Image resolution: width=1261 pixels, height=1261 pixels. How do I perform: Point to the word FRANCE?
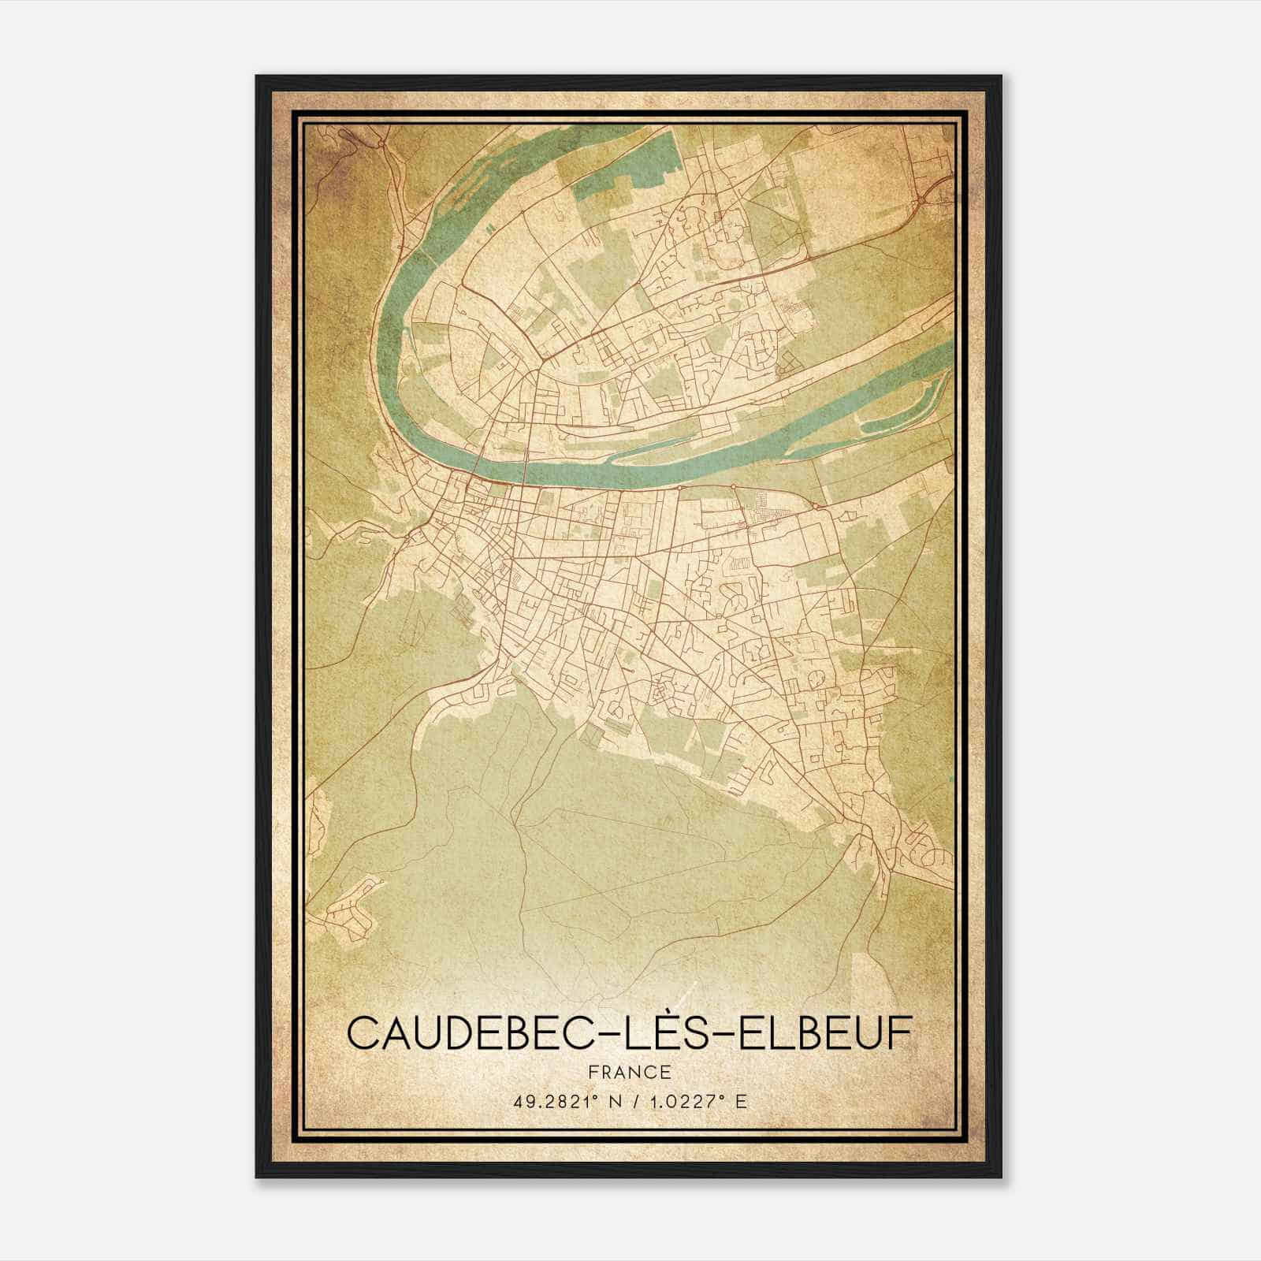point(628,1072)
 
